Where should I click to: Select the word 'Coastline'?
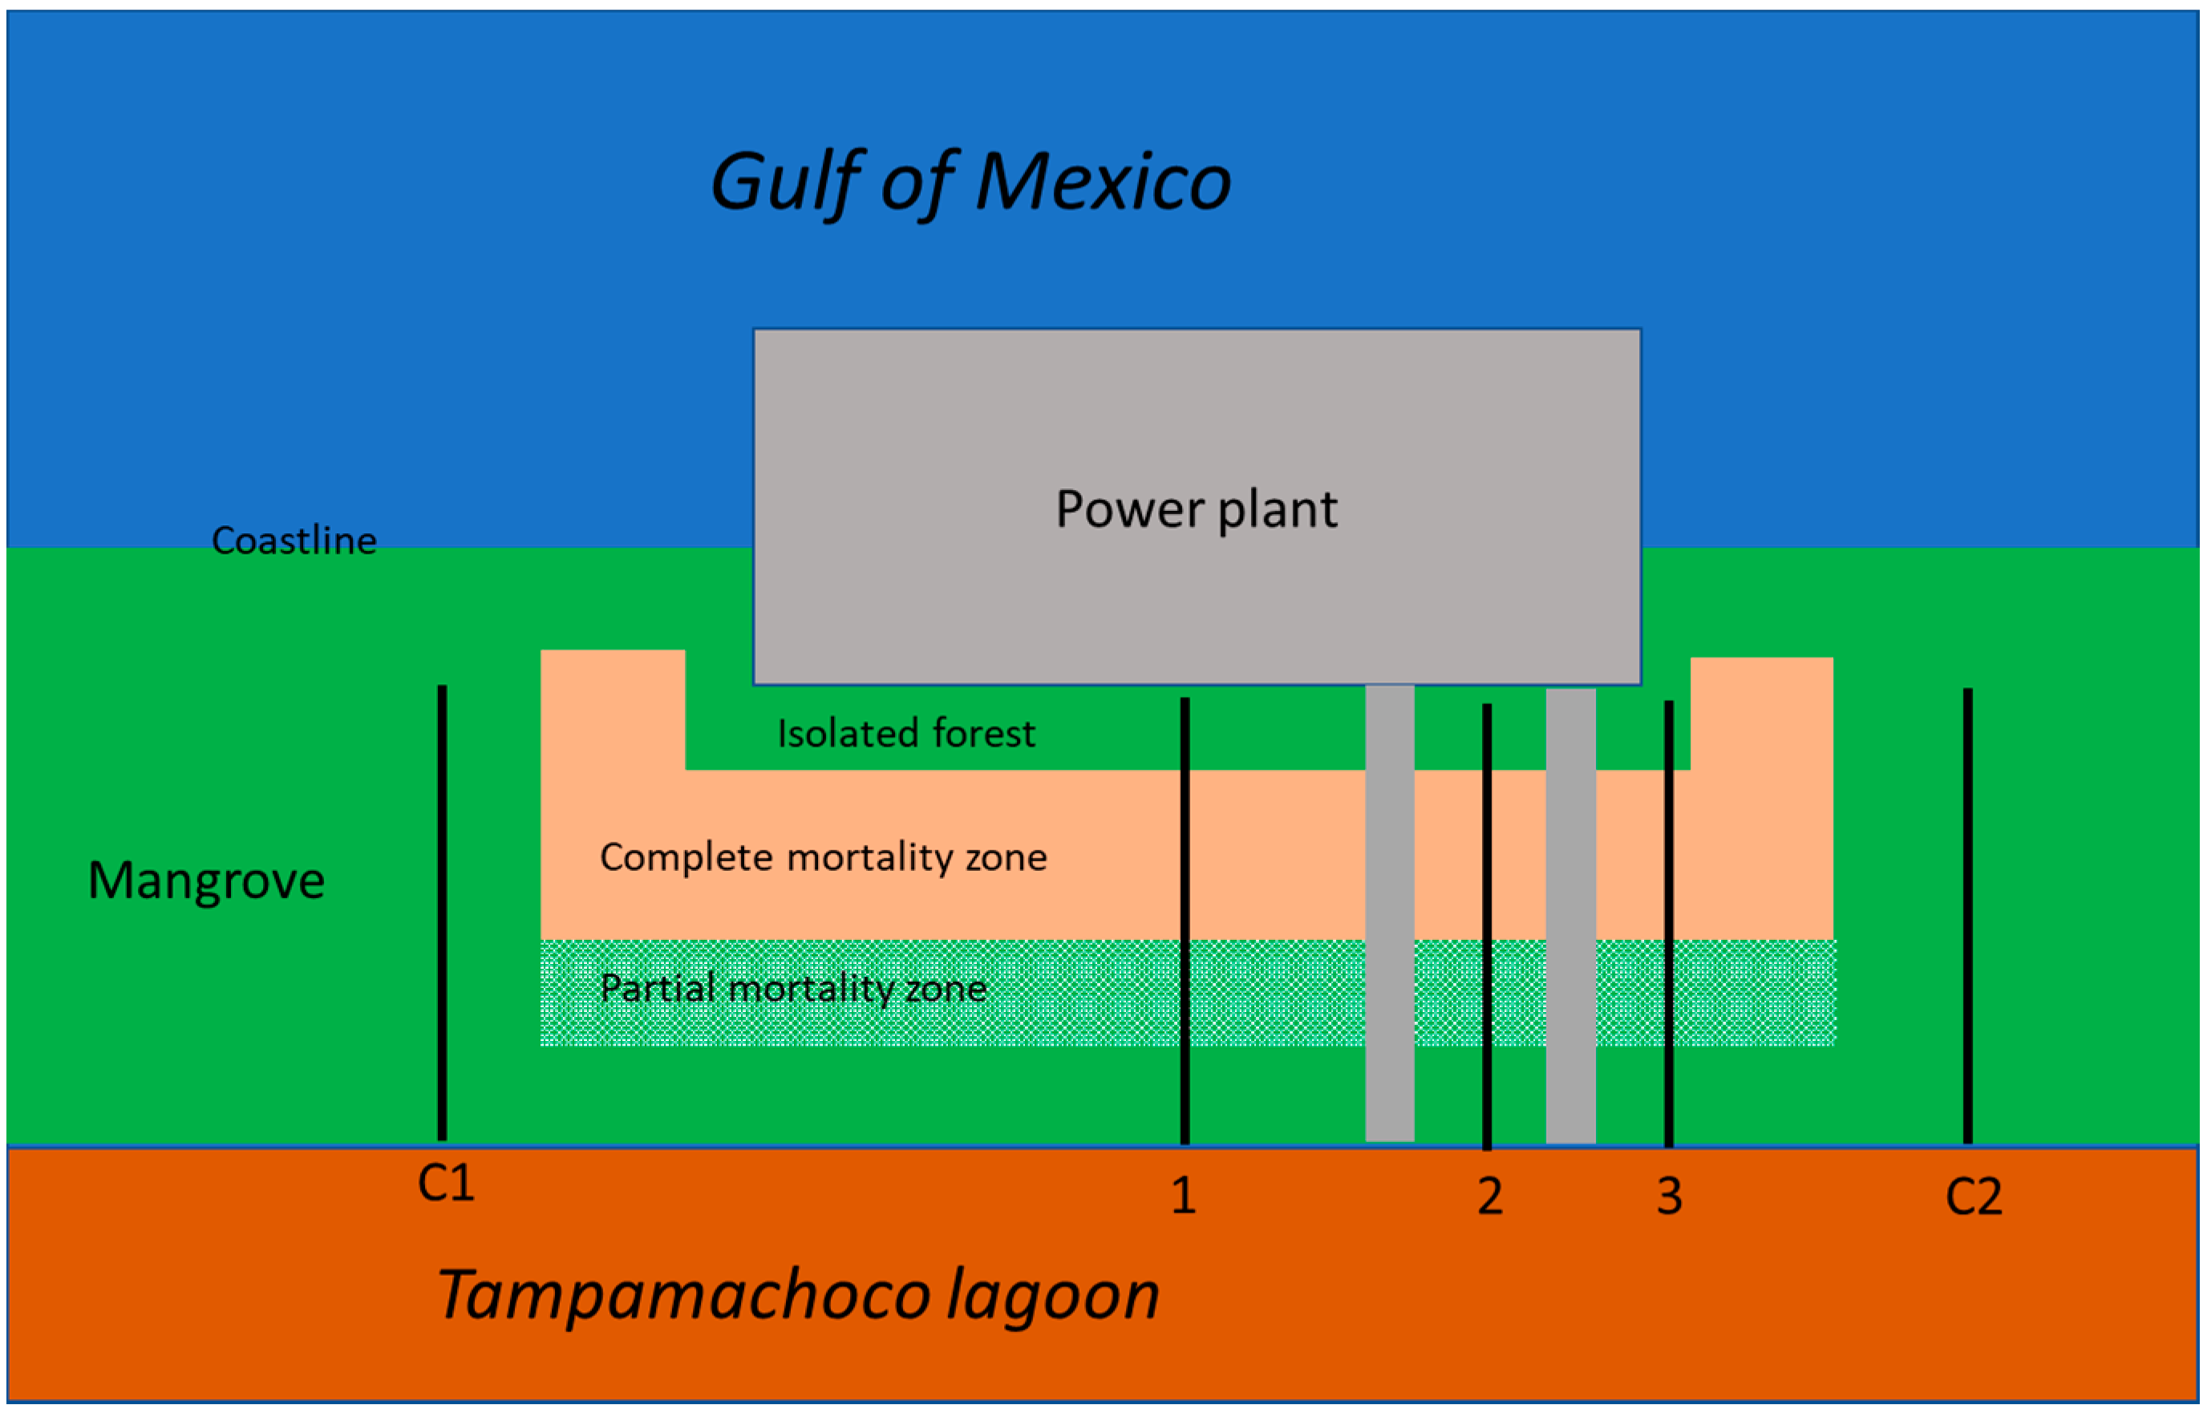pos(294,540)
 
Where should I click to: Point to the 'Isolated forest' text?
pos(905,734)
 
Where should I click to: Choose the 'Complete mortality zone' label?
pos(823,857)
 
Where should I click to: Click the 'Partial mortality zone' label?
pos(793,988)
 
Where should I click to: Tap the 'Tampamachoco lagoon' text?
pos(797,1294)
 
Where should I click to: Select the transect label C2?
pos(1974,1196)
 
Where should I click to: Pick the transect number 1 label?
pos(1183,1196)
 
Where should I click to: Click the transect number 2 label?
pos(1489,1196)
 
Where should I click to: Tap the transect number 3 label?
pos(1669,1196)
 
